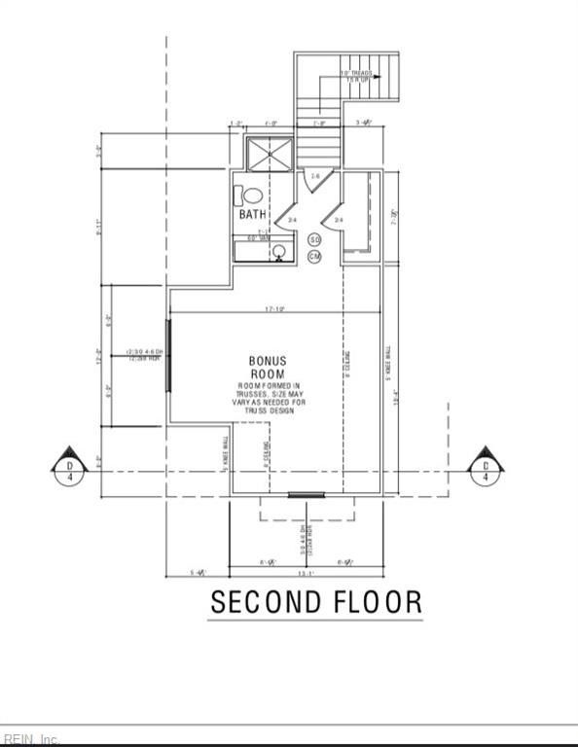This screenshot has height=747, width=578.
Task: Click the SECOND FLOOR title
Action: (316, 602)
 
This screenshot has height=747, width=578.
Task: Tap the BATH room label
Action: (252, 214)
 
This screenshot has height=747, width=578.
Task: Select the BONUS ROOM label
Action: (268, 368)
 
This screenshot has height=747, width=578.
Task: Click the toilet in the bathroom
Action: (250, 196)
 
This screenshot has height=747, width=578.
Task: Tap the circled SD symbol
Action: (314, 239)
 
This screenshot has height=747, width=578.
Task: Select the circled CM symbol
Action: (314, 256)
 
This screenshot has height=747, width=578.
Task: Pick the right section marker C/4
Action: (485, 467)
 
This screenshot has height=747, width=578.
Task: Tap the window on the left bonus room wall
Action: (169, 355)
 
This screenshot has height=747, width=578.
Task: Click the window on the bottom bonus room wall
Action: (307, 495)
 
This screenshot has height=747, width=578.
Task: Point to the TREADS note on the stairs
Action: (356, 76)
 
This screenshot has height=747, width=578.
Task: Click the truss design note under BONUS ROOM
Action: (271, 399)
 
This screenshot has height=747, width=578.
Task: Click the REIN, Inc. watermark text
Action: (31, 738)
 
